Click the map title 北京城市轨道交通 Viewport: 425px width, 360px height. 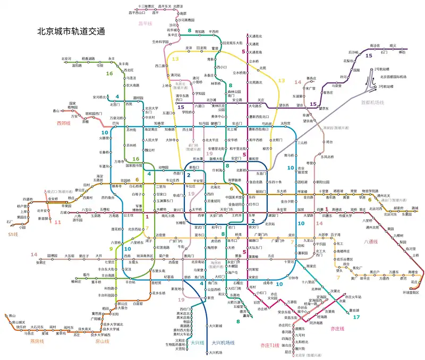70,31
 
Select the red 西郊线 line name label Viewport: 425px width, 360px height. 63,123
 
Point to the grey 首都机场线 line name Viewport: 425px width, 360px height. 372,103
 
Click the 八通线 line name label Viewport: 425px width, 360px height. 371,241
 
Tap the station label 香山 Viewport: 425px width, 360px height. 56,111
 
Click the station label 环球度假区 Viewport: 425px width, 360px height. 411,292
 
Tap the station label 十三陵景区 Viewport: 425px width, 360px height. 146,6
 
